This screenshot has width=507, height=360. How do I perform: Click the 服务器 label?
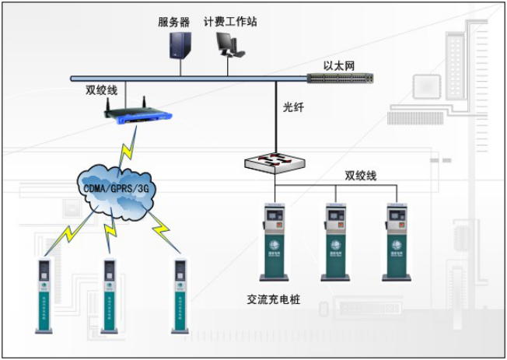174,22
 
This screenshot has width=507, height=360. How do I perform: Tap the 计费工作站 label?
230,22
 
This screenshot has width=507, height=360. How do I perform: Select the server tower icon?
180,46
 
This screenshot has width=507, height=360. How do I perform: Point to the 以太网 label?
340,65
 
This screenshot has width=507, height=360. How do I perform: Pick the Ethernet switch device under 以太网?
340,78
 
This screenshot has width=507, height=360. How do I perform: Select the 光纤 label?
293,108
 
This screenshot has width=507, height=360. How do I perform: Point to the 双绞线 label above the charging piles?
361,176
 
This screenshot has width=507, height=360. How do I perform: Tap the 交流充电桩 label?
273,299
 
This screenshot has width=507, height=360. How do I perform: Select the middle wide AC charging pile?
336,241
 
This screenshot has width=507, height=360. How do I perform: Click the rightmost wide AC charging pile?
397,241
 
